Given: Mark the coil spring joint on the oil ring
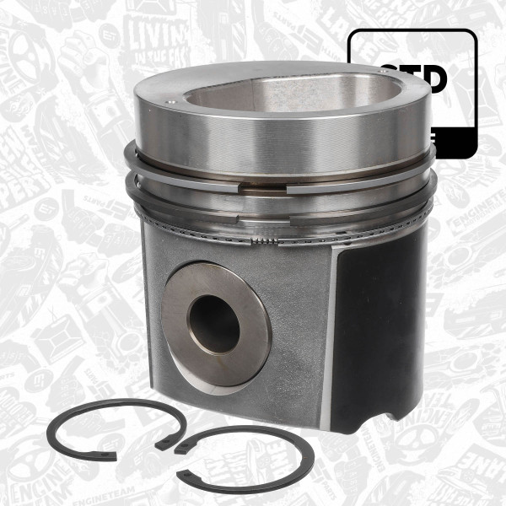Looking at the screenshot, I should tap(263, 242).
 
